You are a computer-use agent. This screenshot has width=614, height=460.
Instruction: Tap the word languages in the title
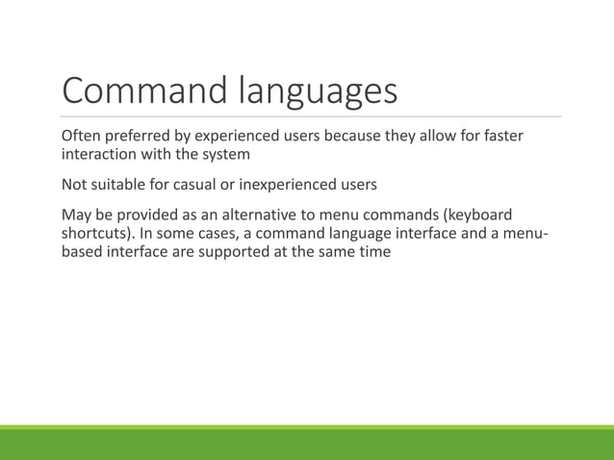tap(317, 92)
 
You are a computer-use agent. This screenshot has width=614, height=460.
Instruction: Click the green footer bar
tap(307, 445)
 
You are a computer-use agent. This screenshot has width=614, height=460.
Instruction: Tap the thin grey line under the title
tap(307, 117)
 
